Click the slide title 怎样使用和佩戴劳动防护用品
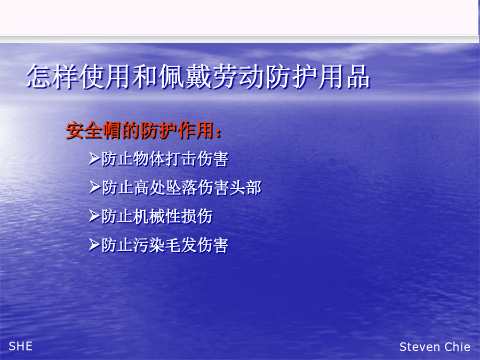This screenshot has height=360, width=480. tap(198, 76)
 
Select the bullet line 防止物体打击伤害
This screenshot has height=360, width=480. tap(165, 159)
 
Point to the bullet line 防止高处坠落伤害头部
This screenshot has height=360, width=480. tap(181, 187)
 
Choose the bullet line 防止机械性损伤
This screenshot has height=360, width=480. tap(157, 216)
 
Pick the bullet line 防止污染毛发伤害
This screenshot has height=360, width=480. tap(165, 245)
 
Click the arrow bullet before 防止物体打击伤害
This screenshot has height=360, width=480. tap(94, 158)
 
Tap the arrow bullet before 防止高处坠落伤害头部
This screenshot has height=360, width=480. tap(94, 187)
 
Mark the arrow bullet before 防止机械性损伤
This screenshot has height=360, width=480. tap(94, 216)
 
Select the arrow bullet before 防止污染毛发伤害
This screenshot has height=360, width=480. tap(94, 245)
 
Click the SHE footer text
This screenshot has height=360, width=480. tap(20, 346)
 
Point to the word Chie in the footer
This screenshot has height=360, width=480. tap(458, 347)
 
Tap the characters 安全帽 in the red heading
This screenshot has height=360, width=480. tap(94, 131)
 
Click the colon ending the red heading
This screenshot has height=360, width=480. tap(218, 133)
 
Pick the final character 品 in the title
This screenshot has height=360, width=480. tap(358, 76)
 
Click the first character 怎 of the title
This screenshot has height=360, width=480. tap(39, 76)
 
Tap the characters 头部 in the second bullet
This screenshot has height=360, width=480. tap(245, 187)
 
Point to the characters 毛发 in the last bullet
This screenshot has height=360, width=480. tap(181, 245)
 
